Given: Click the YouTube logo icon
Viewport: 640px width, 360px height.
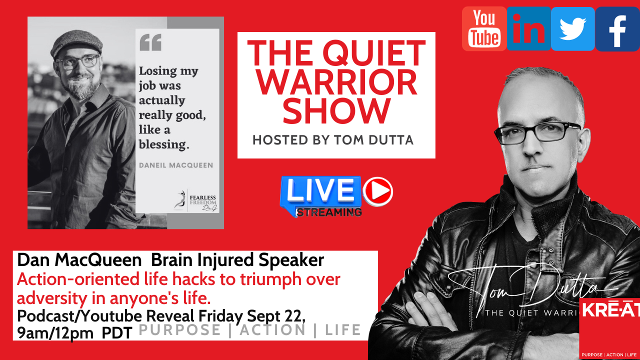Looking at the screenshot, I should point(484,28).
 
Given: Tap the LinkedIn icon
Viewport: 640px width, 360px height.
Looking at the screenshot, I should point(528,28).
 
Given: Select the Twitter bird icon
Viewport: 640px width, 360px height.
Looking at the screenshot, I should point(572,28).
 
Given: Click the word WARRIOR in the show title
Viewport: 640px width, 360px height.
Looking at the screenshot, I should point(336,82).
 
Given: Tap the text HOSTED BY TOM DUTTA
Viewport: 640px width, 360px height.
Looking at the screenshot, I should point(333,140).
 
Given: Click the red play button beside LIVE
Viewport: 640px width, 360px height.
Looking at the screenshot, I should point(377,192).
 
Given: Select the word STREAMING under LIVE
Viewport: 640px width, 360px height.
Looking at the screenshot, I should point(328,211).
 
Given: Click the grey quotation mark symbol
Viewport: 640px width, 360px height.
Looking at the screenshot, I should point(150,42).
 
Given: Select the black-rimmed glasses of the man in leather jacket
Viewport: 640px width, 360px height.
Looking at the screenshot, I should point(537,131).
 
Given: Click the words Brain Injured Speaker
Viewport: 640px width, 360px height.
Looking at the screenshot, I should point(237,260).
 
